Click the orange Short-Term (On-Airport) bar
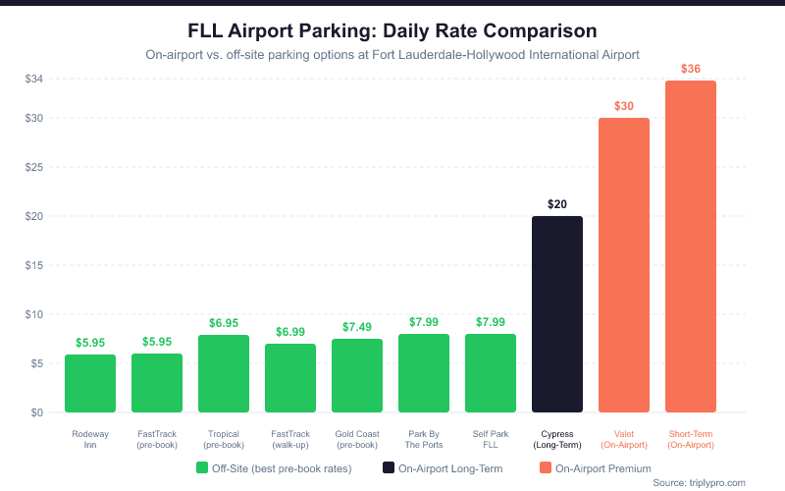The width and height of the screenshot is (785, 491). pyautogui.click(x=691, y=246)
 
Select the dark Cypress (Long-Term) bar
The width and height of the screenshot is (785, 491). pyautogui.click(x=557, y=314)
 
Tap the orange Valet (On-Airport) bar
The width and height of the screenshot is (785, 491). pyautogui.click(x=624, y=265)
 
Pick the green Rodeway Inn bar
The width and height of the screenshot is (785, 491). pyautogui.click(x=90, y=383)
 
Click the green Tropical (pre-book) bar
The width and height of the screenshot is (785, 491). pyautogui.click(x=224, y=373)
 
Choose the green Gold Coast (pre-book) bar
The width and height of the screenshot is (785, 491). pyautogui.click(x=357, y=375)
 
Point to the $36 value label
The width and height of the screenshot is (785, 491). pyautogui.click(x=691, y=69)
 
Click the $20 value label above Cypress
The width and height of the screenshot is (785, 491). pyautogui.click(x=557, y=204)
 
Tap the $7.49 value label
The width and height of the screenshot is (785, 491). pyautogui.click(x=357, y=327)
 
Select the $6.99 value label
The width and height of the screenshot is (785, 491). pyautogui.click(x=290, y=332)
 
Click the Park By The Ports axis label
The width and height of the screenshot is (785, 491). pyautogui.click(x=424, y=438)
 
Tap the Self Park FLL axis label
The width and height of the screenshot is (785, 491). pyautogui.click(x=491, y=438)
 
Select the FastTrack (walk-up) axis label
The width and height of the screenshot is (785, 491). pyautogui.click(x=290, y=438)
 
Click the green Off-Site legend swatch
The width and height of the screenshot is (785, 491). pyautogui.click(x=202, y=468)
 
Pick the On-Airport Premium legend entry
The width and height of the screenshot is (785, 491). pyautogui.click(x=593, y=468)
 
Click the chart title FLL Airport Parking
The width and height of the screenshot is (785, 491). pyautogui.click(x=392, y=31)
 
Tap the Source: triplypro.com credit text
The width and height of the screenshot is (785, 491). pyautogui.click(x=699, y=483)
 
